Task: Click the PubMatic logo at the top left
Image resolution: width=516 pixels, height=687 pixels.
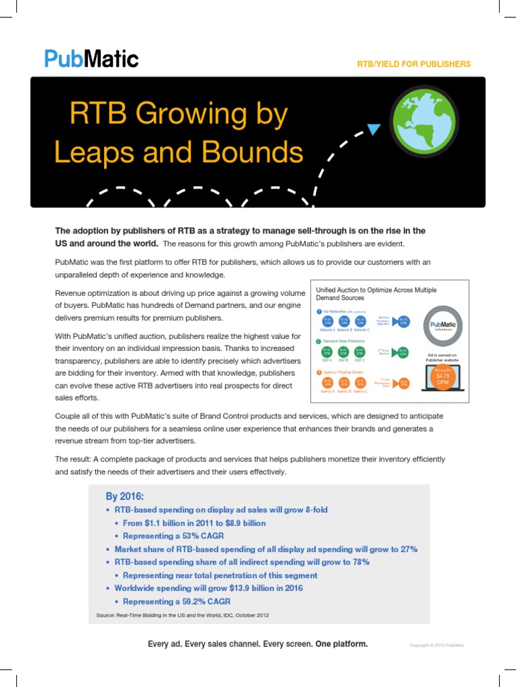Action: (x=91, y=58)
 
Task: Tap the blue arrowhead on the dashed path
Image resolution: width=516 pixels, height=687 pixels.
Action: (x=374, y=129)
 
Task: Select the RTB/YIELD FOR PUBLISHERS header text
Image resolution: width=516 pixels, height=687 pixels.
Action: (x=414, y=64)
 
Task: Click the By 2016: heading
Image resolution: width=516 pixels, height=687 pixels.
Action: (x=124, y=496)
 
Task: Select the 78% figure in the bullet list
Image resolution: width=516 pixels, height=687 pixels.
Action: (x=359, y=562)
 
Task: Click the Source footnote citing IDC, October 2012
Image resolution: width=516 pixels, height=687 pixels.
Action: (x=183, y=615)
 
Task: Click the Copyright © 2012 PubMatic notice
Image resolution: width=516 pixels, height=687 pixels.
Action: (x=437, y=645)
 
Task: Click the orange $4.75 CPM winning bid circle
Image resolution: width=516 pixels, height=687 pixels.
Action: (x=441, y=378)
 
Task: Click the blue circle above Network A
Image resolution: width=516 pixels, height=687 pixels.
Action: (x=327, y=321)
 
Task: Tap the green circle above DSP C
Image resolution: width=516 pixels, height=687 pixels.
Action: (x=360, y=352)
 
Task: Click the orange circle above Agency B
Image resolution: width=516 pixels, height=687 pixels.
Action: (x=343, y=382)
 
